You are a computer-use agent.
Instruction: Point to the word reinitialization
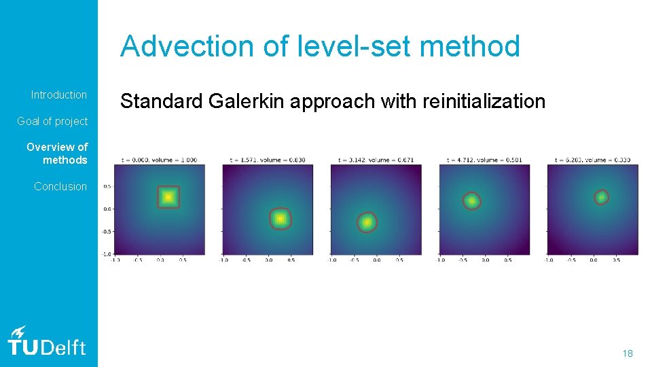point(484,101)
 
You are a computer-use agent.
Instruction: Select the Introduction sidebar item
point(59,95)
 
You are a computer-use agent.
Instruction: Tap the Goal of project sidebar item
point(52,122)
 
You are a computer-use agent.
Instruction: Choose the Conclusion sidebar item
point(60,186)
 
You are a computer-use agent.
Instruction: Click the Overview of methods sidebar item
point(58,154)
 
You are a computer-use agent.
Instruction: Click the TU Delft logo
point(46,340)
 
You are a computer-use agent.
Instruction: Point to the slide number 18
point(628,353)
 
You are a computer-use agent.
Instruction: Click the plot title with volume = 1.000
point(159,160)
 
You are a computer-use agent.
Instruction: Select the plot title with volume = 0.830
point(268,160)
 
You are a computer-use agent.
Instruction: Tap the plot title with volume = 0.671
point(376,160)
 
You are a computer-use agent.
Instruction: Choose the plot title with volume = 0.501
point(484,160)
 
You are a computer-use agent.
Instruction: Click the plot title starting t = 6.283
point(593,160)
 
